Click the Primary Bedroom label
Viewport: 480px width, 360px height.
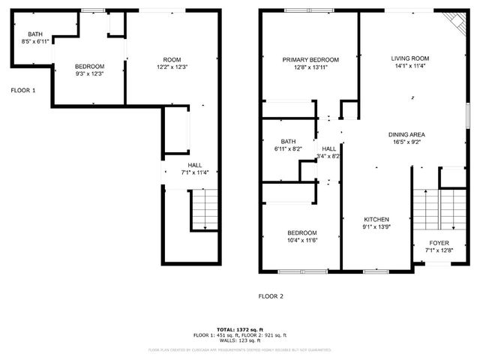(x=310, y=60)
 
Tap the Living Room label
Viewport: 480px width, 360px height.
(x=409, y=58)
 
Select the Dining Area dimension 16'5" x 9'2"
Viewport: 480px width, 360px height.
(x=406, y=142)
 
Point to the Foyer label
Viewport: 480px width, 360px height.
(x=439, y=243)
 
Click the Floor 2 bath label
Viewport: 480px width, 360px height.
(x=289, y=141)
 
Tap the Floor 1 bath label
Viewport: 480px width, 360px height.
(x=35, y=34)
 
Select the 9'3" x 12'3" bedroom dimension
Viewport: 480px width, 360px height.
(x=89, y=74)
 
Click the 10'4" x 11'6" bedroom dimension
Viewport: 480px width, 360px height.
(x=301, y=240)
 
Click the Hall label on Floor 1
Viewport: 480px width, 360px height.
(x=194, y=165)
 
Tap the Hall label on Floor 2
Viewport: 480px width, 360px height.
(x=329, y=149)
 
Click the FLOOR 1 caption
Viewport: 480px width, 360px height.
(x=23, y=91)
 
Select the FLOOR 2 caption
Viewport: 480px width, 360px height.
(x=271, y=296)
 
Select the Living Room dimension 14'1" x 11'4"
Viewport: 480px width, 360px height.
(x=409, y=66)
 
